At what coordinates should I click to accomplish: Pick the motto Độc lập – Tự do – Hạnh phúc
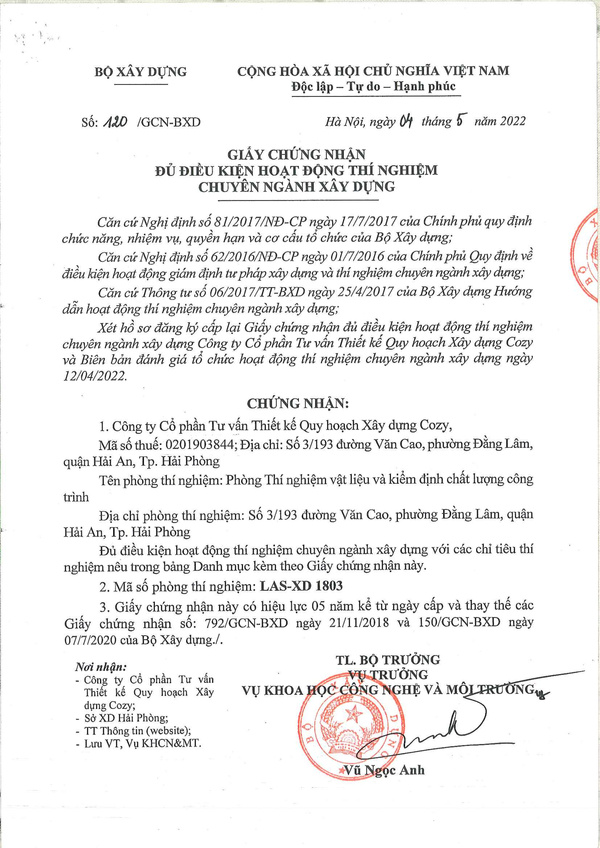pyautogui.click(x=373, y=87)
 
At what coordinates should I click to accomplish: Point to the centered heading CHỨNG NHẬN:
pyautogui.click(x=298, y=403)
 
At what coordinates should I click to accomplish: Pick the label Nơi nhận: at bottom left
pyautogui.click(x=101, y=667)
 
